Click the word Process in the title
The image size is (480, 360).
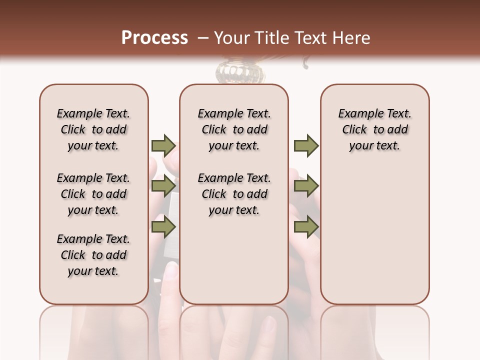coord(154,38)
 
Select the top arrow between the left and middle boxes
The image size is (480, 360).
coord(163,145)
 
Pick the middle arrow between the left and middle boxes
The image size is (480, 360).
coord(163,186)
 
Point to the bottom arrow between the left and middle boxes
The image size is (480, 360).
coord(163,226)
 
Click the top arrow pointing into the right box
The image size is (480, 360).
coord(305,145)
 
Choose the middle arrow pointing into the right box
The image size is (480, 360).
coord(305,186)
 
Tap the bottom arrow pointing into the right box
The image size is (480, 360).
coord(305,226)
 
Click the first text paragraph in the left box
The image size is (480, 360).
coord(93,129)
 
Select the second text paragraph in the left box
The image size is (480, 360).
coord(93,194)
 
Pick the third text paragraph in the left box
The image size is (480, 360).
coord(93,255)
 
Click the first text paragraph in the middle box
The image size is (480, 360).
coord(234,129)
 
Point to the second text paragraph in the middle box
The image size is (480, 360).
coord(234,194)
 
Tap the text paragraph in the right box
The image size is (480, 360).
coord(374,129)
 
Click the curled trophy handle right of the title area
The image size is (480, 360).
coord(306,63)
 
